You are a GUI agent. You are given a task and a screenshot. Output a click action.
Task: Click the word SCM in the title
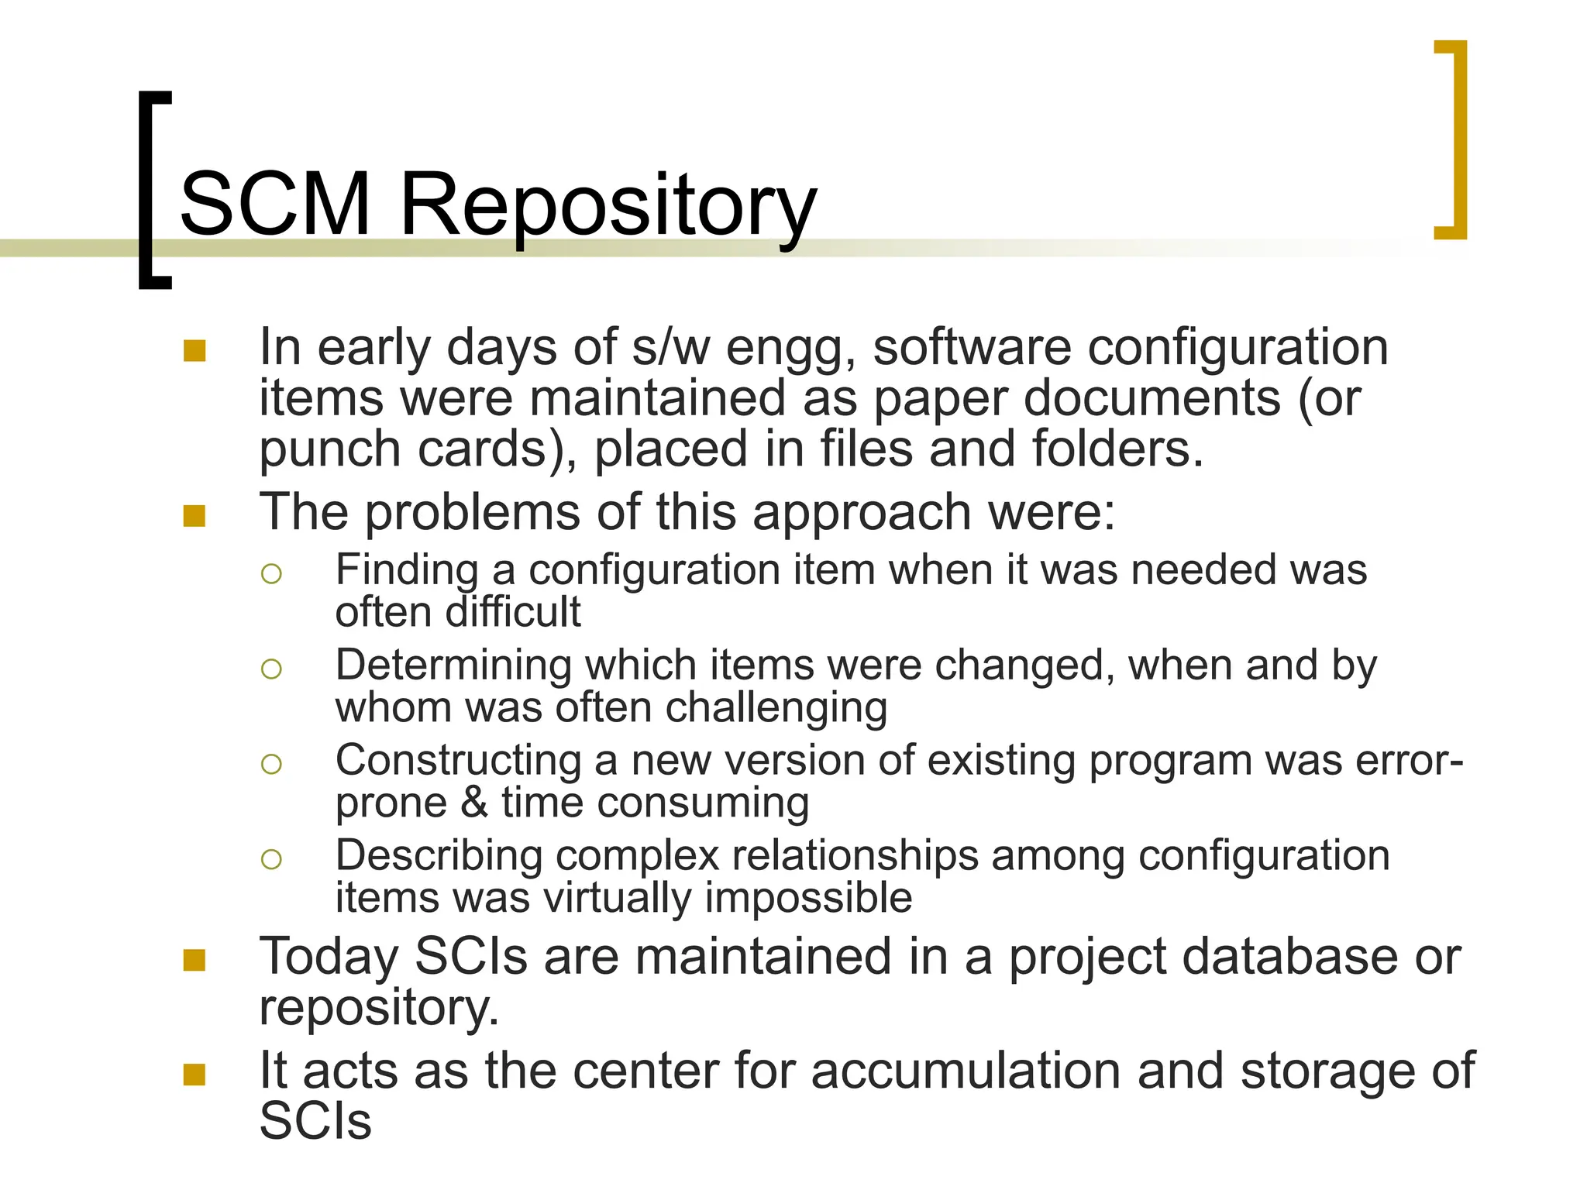click(275, 205)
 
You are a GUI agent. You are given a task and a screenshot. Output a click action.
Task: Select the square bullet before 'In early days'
click(195, 351)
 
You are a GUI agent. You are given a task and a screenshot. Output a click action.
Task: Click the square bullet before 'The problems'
click(195, 516)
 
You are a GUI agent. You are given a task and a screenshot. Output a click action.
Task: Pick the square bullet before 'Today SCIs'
click(195, 961)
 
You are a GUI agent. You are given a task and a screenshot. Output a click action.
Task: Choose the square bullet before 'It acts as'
click(195, 1075)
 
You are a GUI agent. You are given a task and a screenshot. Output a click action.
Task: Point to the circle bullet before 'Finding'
click(271, 574)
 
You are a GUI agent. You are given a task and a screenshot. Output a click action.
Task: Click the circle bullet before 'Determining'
click(271, 669)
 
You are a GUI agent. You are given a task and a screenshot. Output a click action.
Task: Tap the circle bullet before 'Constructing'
click(271, 765)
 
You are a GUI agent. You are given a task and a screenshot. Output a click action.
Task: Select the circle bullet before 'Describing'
click(271, 859)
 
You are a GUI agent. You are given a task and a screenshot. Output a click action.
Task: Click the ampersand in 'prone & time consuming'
click(474, 803)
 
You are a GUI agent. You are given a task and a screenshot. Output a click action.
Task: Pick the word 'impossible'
click(808, 899)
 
